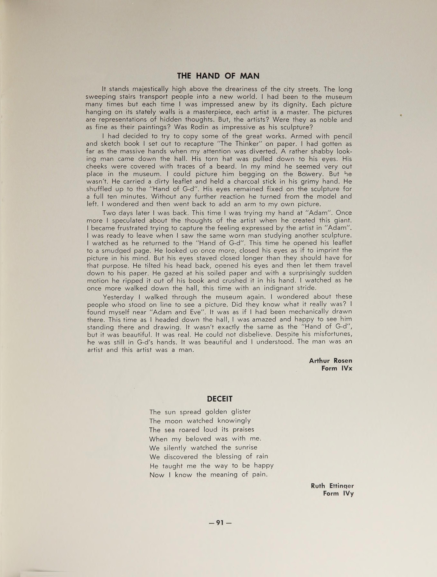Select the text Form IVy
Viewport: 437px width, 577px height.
[338, 493]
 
